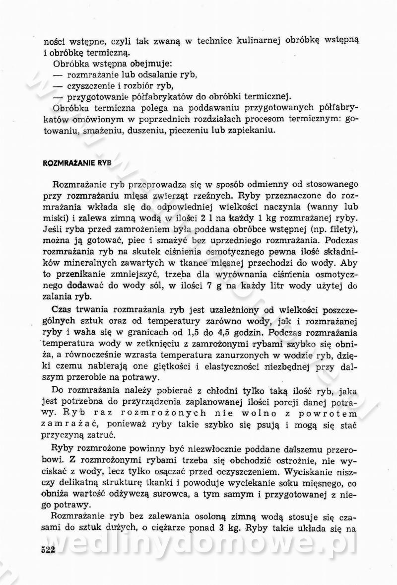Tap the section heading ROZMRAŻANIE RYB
(x=77, y=162)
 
